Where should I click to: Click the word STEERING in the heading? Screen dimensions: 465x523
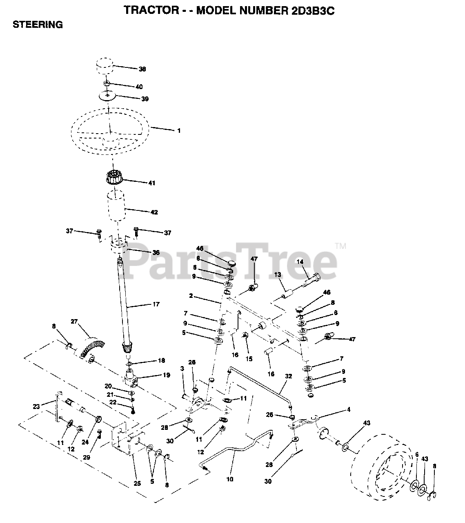pyautogui.click(x=38, y=25)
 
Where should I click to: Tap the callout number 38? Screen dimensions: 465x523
pyautogui.click(x=142, y=69)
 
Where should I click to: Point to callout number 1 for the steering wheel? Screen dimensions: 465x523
pyautogui.click(x=179, y=131)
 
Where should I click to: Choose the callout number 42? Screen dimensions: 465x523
pyautogui.click(x=154, y=212)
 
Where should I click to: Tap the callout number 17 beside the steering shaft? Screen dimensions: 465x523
pyautogui.click(x=156, y=304)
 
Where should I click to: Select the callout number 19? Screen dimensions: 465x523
pyautogui.click(x=167, y=375)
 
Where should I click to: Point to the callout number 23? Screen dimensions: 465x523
pyautogui.click(x=36, y=407)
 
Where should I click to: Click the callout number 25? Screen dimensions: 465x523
pyautogui.click(x=137, y=483)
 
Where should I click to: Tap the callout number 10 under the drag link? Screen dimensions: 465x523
pyautogui.click(x=230, y=479)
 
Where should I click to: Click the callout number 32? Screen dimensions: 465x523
pyautogui.click(x=289, y=376)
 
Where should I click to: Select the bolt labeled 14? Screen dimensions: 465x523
pyautogui.click(x=312, y=280)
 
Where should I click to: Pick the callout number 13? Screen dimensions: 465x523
pyautogui.click(x=278, y=275)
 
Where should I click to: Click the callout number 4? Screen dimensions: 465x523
pyautogui.click(x=349, y=409)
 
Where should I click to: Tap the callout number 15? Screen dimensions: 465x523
pyautogui.click(x=249, y=359)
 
